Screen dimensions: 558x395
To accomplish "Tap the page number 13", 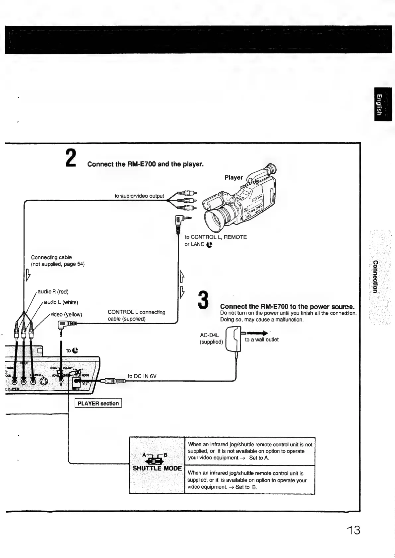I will pyautogui.click(x=352, y=530).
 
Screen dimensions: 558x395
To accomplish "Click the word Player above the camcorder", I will pyautogui.click(x=233, y=177).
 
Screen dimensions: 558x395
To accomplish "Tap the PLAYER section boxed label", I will pyautogui.click(x=98, y=403).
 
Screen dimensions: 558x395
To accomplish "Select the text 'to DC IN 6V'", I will pyautogui.click(x=142, y=376).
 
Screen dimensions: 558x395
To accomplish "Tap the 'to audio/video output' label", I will pyautogui.click(x=139, y=196).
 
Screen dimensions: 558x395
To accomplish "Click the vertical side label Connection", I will pyautogui.click(x=375, y=277).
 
